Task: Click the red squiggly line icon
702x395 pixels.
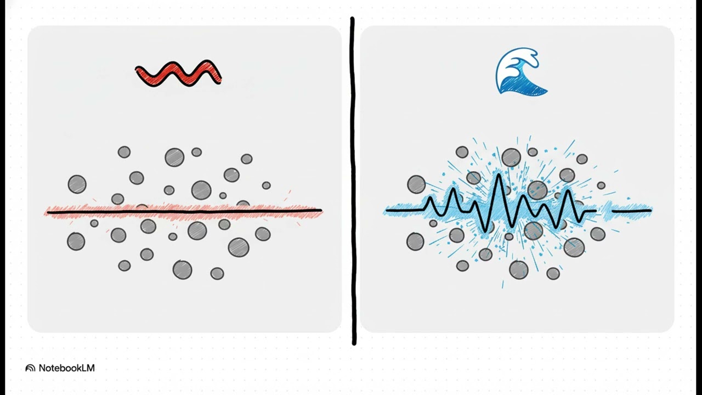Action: [178, 74]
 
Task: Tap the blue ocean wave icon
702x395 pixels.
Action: [520, 72]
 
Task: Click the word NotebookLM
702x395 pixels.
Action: [66, 368]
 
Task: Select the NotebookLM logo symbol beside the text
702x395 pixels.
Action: [30, 368]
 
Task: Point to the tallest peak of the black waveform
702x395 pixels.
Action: [498, 174]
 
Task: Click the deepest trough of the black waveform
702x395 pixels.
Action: [486, 232]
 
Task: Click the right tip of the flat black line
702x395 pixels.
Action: [321, 210]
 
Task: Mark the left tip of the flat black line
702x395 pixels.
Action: [48, 212]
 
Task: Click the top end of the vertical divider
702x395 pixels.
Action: [352, 18]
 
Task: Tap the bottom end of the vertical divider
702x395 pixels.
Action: [354, 343]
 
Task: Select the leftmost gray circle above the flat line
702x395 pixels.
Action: [77, 184]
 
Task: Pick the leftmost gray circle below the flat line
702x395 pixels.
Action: [76, 241]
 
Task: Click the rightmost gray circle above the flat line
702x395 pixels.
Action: [267, 185]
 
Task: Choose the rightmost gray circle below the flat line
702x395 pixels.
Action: [263, 234]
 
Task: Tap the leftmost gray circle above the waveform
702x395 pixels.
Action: [416, 184]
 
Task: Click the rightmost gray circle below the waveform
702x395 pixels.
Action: [598, 234]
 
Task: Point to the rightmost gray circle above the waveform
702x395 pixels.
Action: [601, 185]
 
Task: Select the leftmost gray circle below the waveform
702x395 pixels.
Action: [415, 241]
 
